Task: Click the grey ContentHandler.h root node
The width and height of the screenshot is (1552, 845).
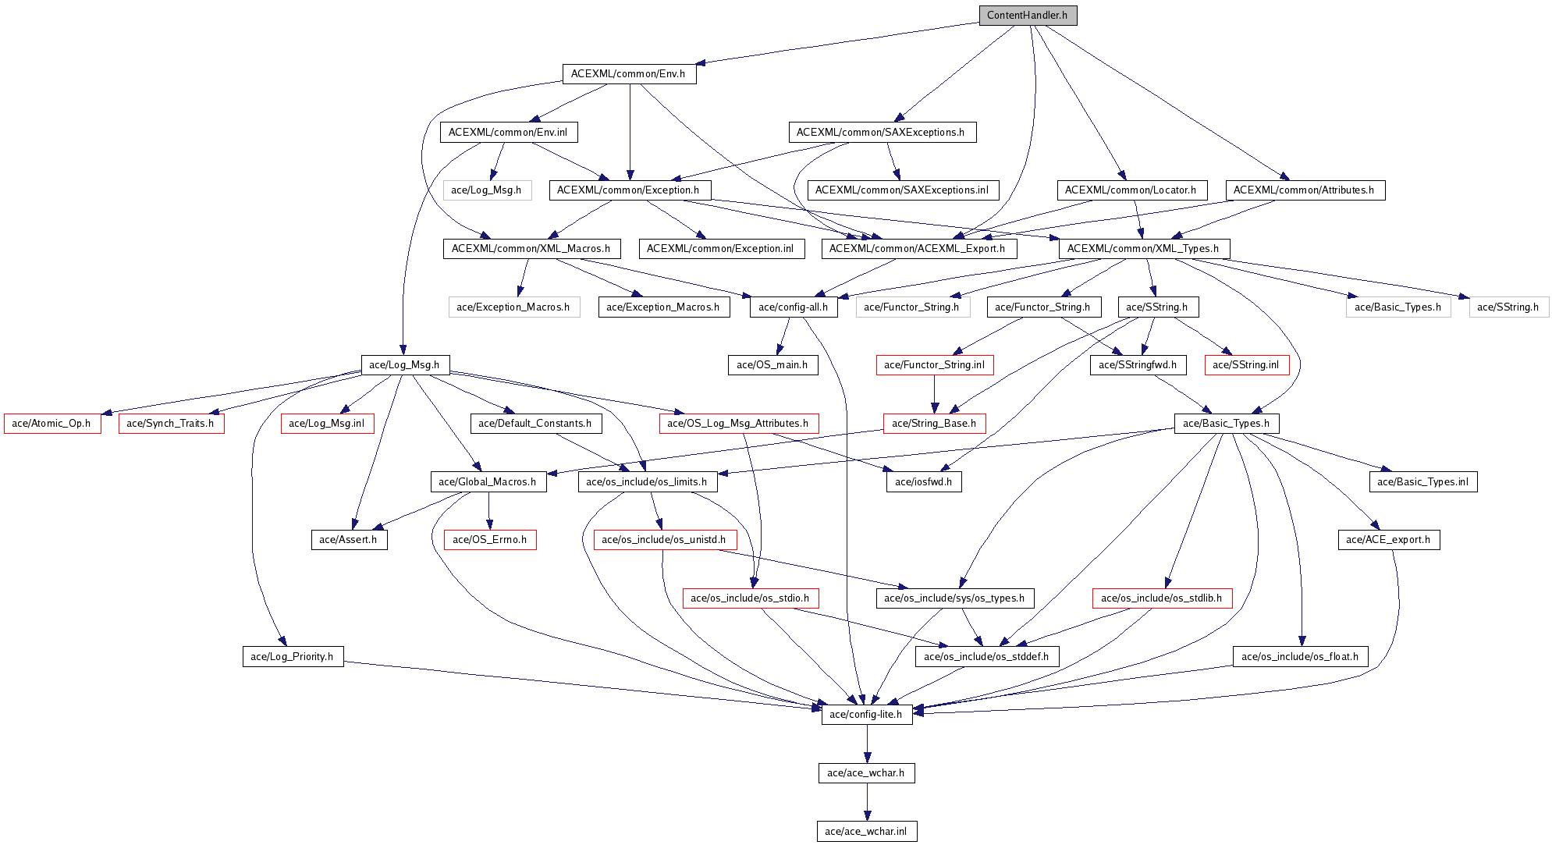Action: point(1028,16)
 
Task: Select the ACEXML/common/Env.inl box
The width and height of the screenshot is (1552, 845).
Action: point(508,133)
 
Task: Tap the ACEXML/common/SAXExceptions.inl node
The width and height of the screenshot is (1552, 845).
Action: point(902,190)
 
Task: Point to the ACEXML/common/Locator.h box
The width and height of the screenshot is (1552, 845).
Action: point(1131,190)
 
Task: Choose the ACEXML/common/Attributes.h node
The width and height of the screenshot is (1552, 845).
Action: point(1304,190)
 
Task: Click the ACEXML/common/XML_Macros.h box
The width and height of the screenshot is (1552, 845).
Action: point(531,249)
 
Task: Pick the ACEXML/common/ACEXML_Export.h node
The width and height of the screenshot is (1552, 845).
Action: point(918,249)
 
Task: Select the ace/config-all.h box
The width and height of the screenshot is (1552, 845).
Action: point(793,307)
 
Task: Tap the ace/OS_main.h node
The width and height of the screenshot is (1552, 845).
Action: point(772,365)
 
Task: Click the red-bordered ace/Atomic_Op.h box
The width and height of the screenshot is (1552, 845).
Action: point(51,424)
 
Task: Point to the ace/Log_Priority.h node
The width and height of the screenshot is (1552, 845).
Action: point(292,657)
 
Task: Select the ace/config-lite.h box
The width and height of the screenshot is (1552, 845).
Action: point(866,715)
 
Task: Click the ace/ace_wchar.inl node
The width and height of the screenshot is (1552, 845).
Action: point(866,832)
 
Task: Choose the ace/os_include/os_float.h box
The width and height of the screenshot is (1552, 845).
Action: point(1300,657)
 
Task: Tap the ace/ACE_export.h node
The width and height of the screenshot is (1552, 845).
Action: point(1389,540)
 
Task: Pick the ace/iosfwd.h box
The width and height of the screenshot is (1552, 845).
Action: point(923,482)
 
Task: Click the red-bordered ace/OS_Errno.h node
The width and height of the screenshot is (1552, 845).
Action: point(489,540)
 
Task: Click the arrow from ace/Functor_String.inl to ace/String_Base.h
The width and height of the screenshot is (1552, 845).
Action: point(934,394)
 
